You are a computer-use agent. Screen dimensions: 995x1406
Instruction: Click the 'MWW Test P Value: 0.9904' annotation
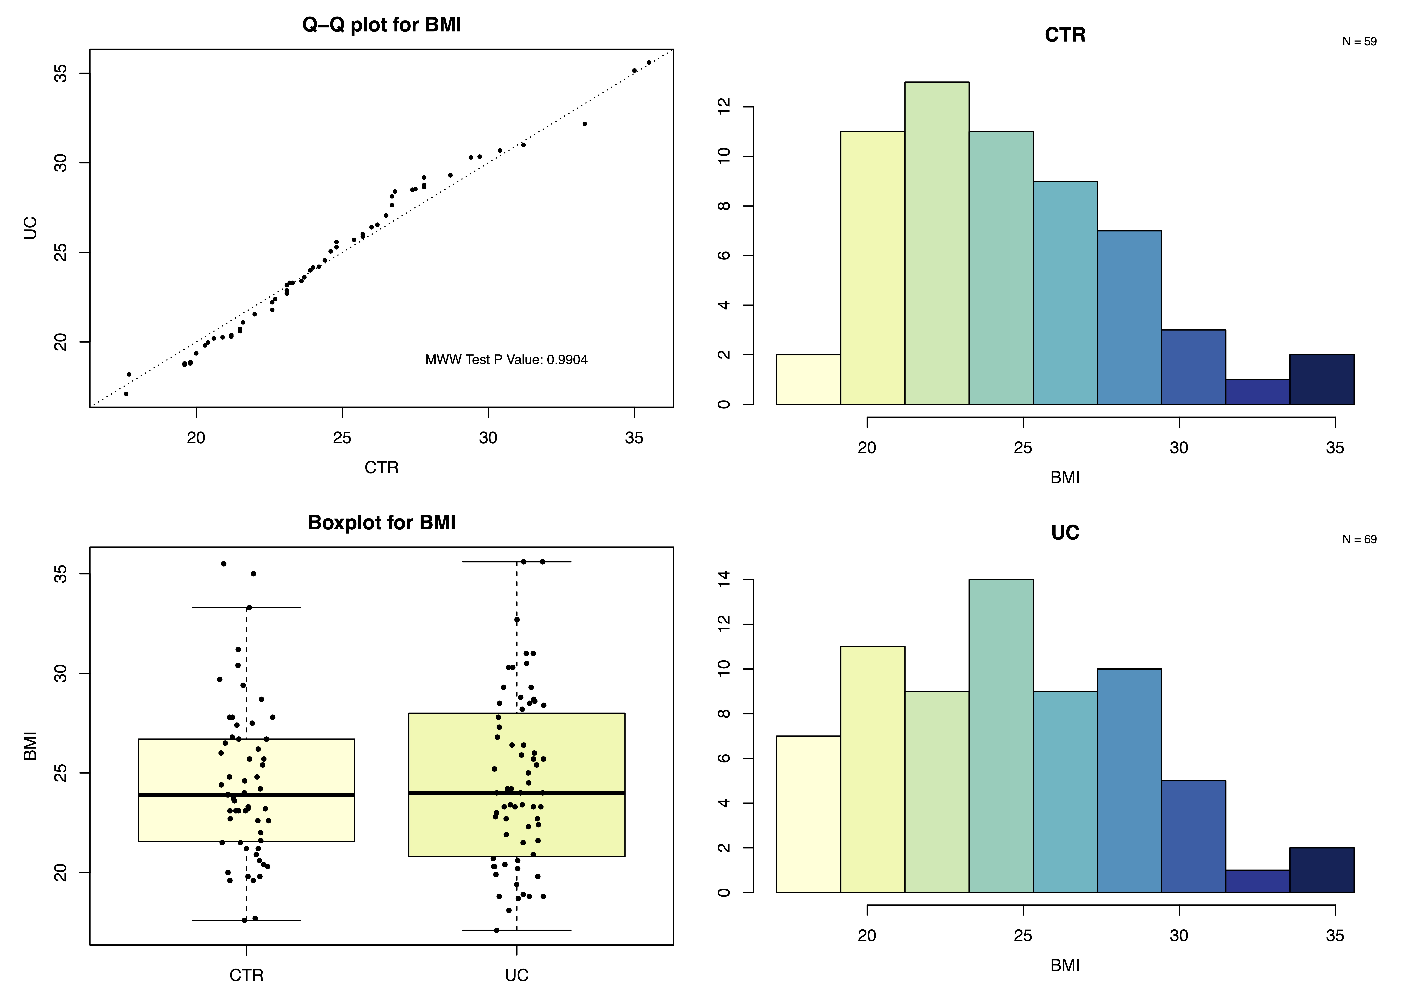pos(506,360)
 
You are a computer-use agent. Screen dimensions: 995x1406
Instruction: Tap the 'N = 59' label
pos(1359,42)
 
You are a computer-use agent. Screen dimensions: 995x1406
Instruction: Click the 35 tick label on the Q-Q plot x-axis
pos(634,438)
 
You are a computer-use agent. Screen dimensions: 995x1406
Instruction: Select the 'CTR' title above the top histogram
pos(1065,35)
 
